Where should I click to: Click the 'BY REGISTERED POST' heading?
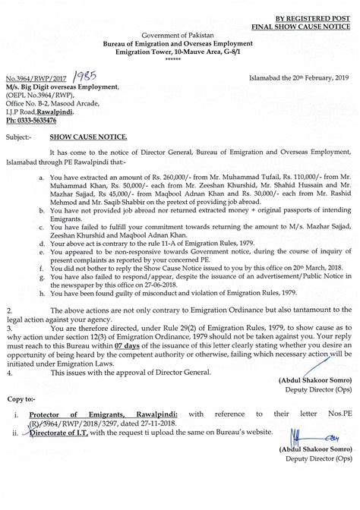point(308,15)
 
